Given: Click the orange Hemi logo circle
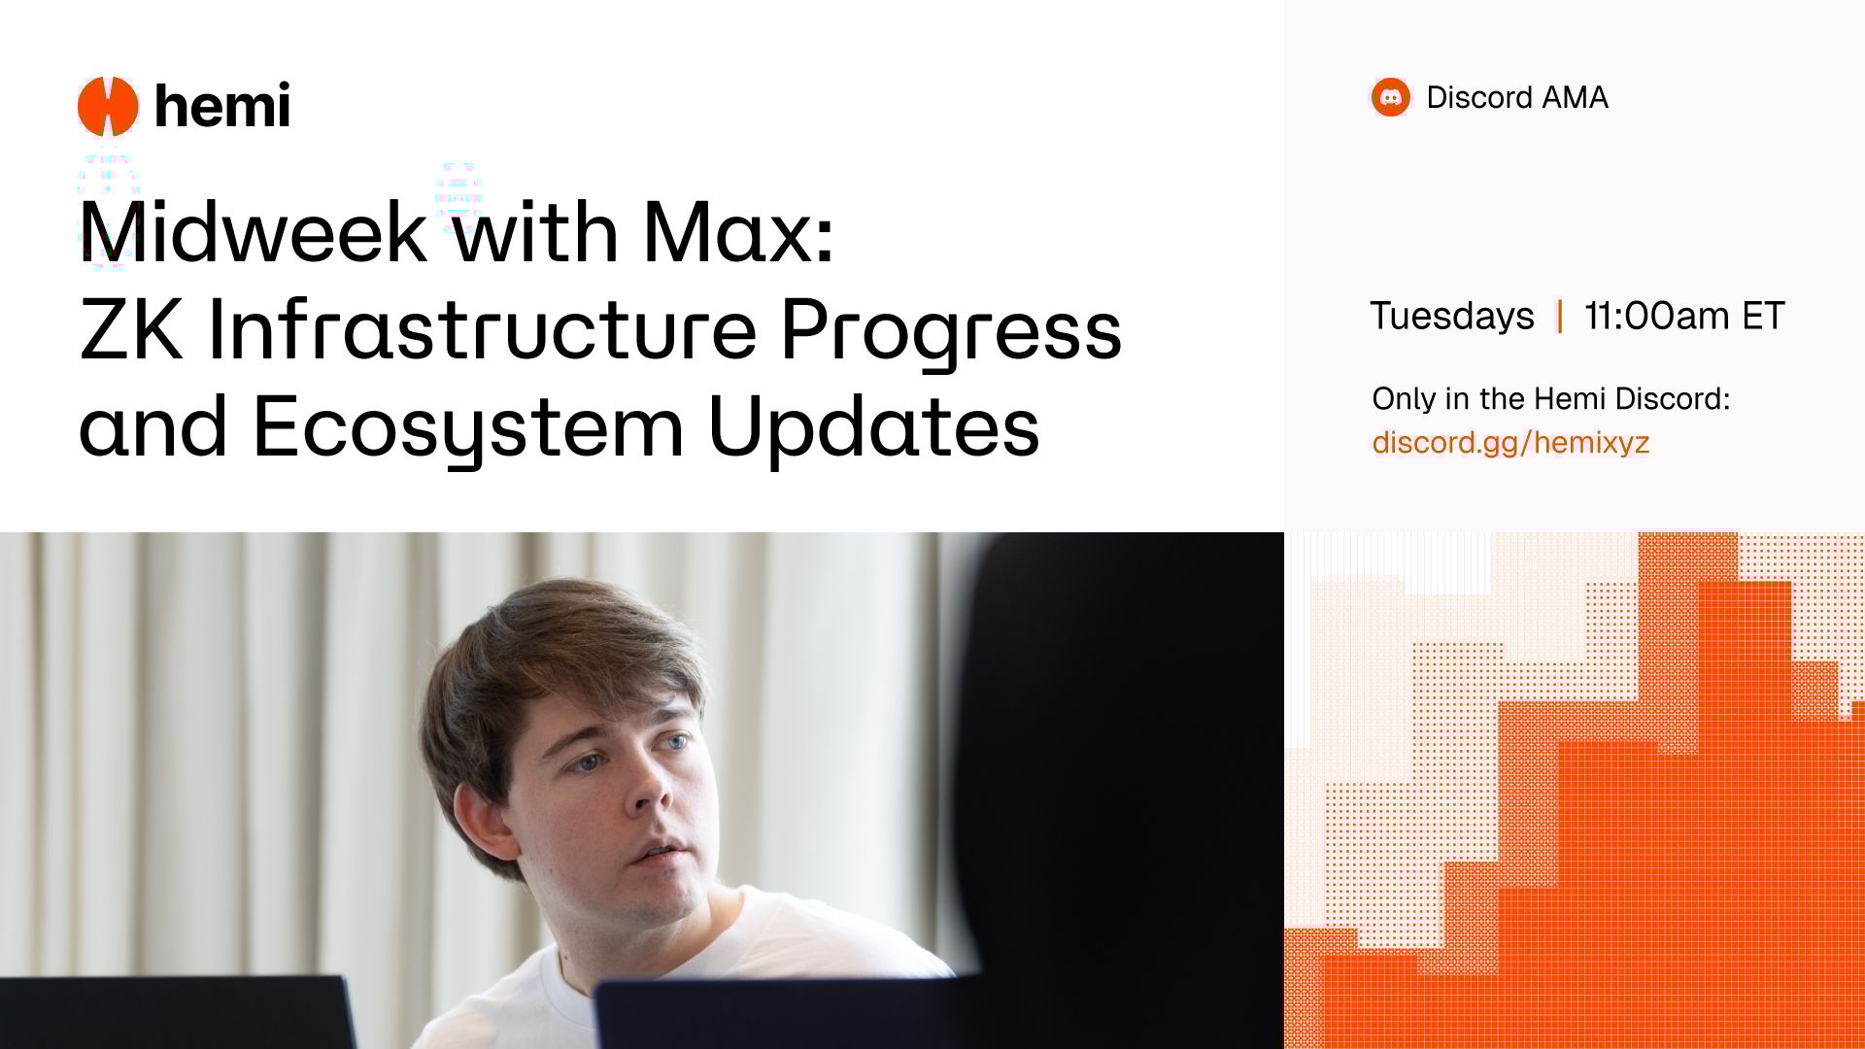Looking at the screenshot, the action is coord(108,106).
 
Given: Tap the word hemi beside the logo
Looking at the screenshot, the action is coord(222,105).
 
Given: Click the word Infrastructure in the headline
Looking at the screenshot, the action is coord(482,329).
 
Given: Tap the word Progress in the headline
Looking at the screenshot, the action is coord(951,333).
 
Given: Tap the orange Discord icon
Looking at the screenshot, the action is coord(1390,97).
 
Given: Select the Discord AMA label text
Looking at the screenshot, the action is coord(1517,97).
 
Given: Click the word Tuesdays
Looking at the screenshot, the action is coord(1452,317).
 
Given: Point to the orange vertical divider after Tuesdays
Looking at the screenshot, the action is coord(1560,317).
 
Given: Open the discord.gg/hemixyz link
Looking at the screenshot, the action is coord(1510,443).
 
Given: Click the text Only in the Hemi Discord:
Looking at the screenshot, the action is coord(1551,398).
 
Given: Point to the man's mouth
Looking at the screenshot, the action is coord(661,852).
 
